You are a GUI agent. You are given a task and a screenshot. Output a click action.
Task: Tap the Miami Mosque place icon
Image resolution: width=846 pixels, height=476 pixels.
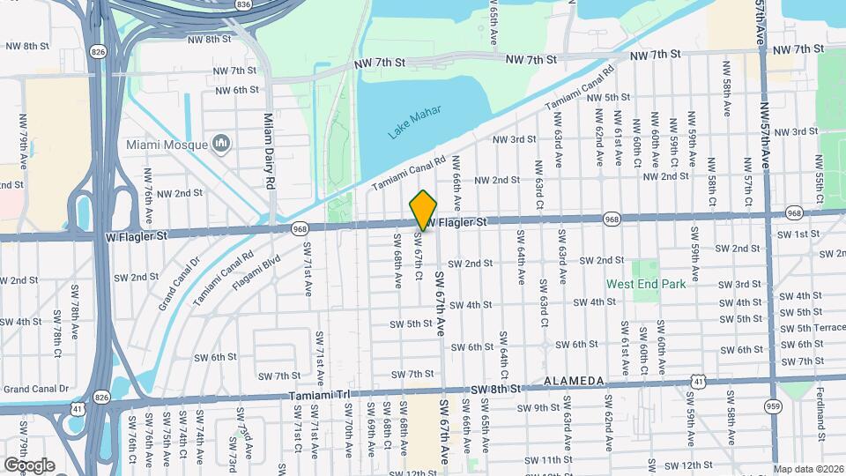tap(221, 144)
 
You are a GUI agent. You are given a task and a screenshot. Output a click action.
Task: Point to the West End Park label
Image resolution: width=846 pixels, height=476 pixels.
tap(646, 284)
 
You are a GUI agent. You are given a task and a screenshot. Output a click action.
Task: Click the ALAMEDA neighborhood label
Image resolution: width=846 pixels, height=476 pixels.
tap(573, 381)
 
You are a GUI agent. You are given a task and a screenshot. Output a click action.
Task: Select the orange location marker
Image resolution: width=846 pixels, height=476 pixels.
tap(424, 211)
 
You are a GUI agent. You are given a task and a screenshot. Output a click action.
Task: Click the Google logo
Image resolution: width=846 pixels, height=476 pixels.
tap(29, 465)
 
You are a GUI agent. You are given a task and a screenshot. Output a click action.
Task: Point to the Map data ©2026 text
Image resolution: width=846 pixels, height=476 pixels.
tap(809, 469)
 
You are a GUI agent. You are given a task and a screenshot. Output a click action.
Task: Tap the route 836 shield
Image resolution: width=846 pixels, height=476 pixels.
tap(243, 4)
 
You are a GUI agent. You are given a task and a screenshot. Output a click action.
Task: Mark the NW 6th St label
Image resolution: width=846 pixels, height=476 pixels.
tap(234, 90)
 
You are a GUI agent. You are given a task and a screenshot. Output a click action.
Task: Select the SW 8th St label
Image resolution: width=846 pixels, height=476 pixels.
tap(496, 389)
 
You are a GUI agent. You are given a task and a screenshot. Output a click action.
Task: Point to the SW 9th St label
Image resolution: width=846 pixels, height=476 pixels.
tap(538, 407)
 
